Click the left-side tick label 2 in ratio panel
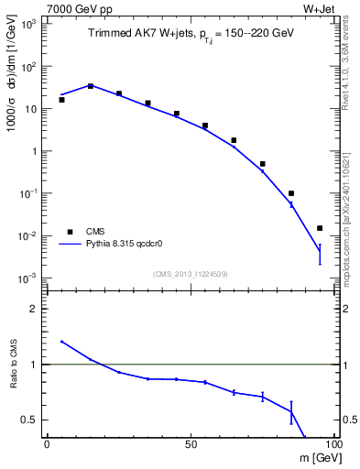click(x=34, y=309)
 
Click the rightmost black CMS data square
click(x=320, y=228)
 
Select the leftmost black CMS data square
click(x=61, y=100)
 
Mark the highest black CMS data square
click(x=90, y=86)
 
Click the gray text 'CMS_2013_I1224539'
click(x=191, y=273)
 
